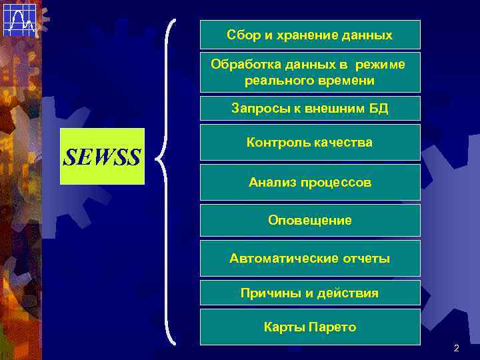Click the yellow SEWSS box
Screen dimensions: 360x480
(102, 156)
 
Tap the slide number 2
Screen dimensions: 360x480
(456, 348)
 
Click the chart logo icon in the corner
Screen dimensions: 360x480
(19, 19)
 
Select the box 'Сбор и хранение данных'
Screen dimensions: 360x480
(310, 35)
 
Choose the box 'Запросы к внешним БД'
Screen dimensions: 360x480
(310, 108)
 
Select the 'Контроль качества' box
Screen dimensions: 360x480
(310, 142)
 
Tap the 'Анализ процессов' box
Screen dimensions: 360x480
(310, 182)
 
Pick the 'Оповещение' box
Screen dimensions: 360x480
(310, 220)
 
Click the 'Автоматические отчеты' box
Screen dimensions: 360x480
(310, 258)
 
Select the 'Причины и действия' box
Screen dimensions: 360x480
(310, 293)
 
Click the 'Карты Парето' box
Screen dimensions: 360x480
(310, 327)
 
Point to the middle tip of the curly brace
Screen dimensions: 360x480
(157, 158)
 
